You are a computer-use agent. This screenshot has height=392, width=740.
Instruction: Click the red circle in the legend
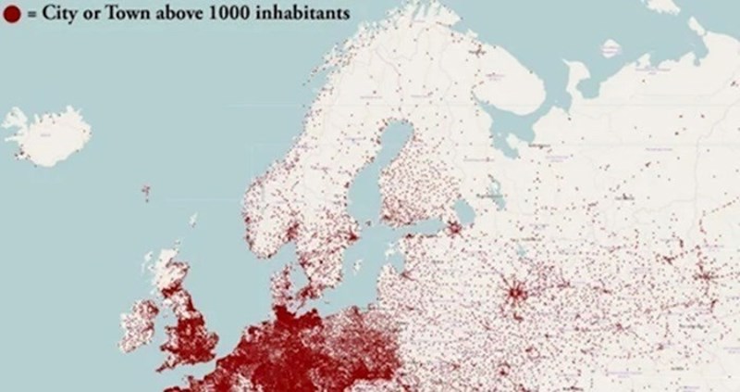(12, 15)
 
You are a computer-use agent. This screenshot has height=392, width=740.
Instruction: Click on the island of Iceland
(46, 134)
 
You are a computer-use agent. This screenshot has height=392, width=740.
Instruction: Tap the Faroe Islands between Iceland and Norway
(146, 192)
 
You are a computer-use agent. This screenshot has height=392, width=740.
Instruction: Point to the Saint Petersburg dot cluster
(454, 227)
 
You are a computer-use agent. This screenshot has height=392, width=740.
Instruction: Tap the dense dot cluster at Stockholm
(350, 233)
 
